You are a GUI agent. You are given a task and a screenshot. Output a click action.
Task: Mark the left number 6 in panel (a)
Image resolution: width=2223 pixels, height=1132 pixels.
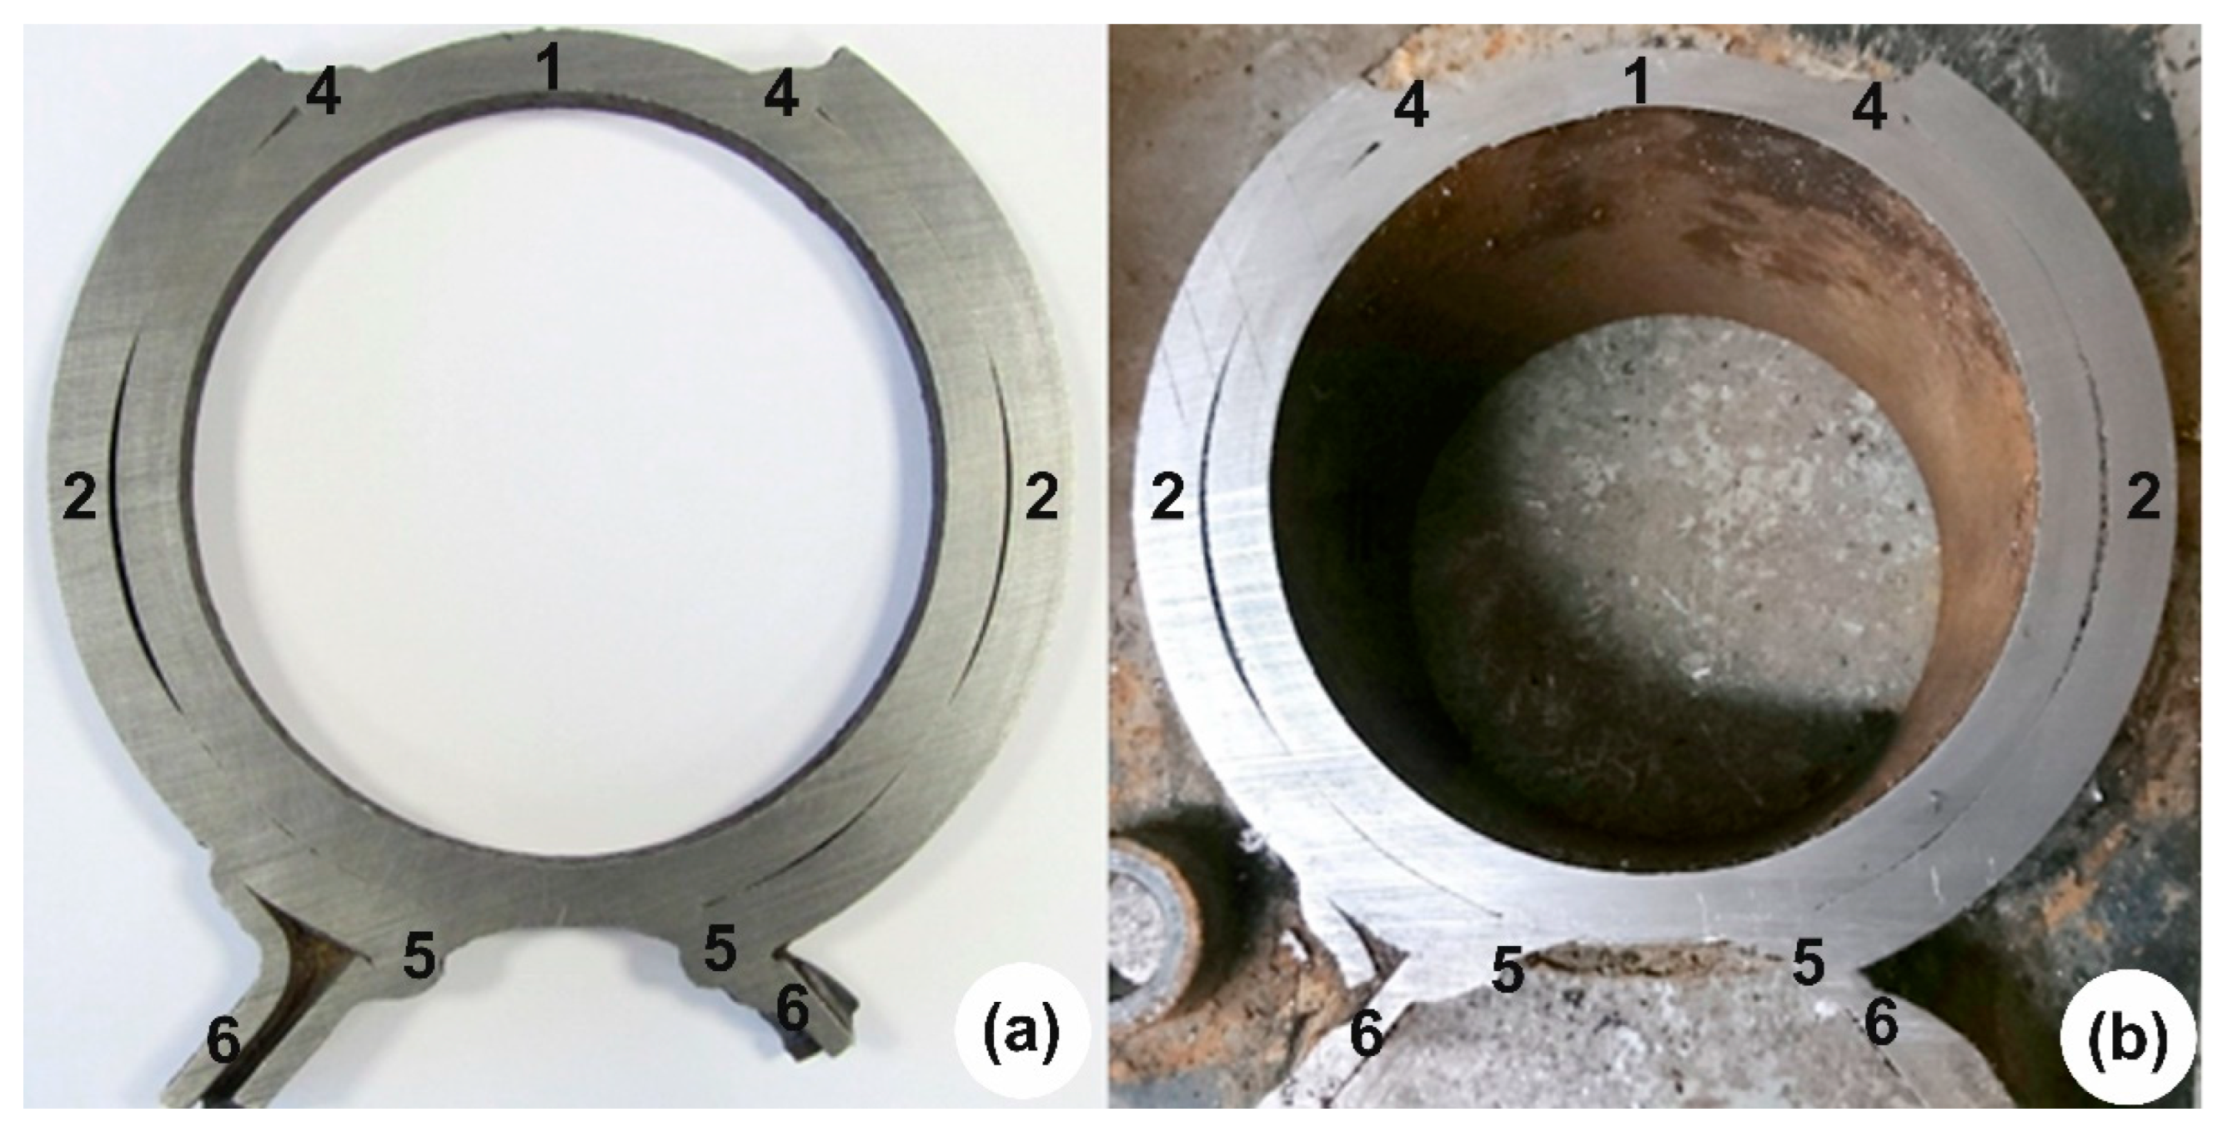223,1042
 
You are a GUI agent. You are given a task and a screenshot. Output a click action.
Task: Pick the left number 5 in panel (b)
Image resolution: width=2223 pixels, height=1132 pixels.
1507,969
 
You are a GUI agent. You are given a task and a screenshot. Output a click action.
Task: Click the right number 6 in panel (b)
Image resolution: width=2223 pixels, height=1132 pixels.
1881,1025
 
